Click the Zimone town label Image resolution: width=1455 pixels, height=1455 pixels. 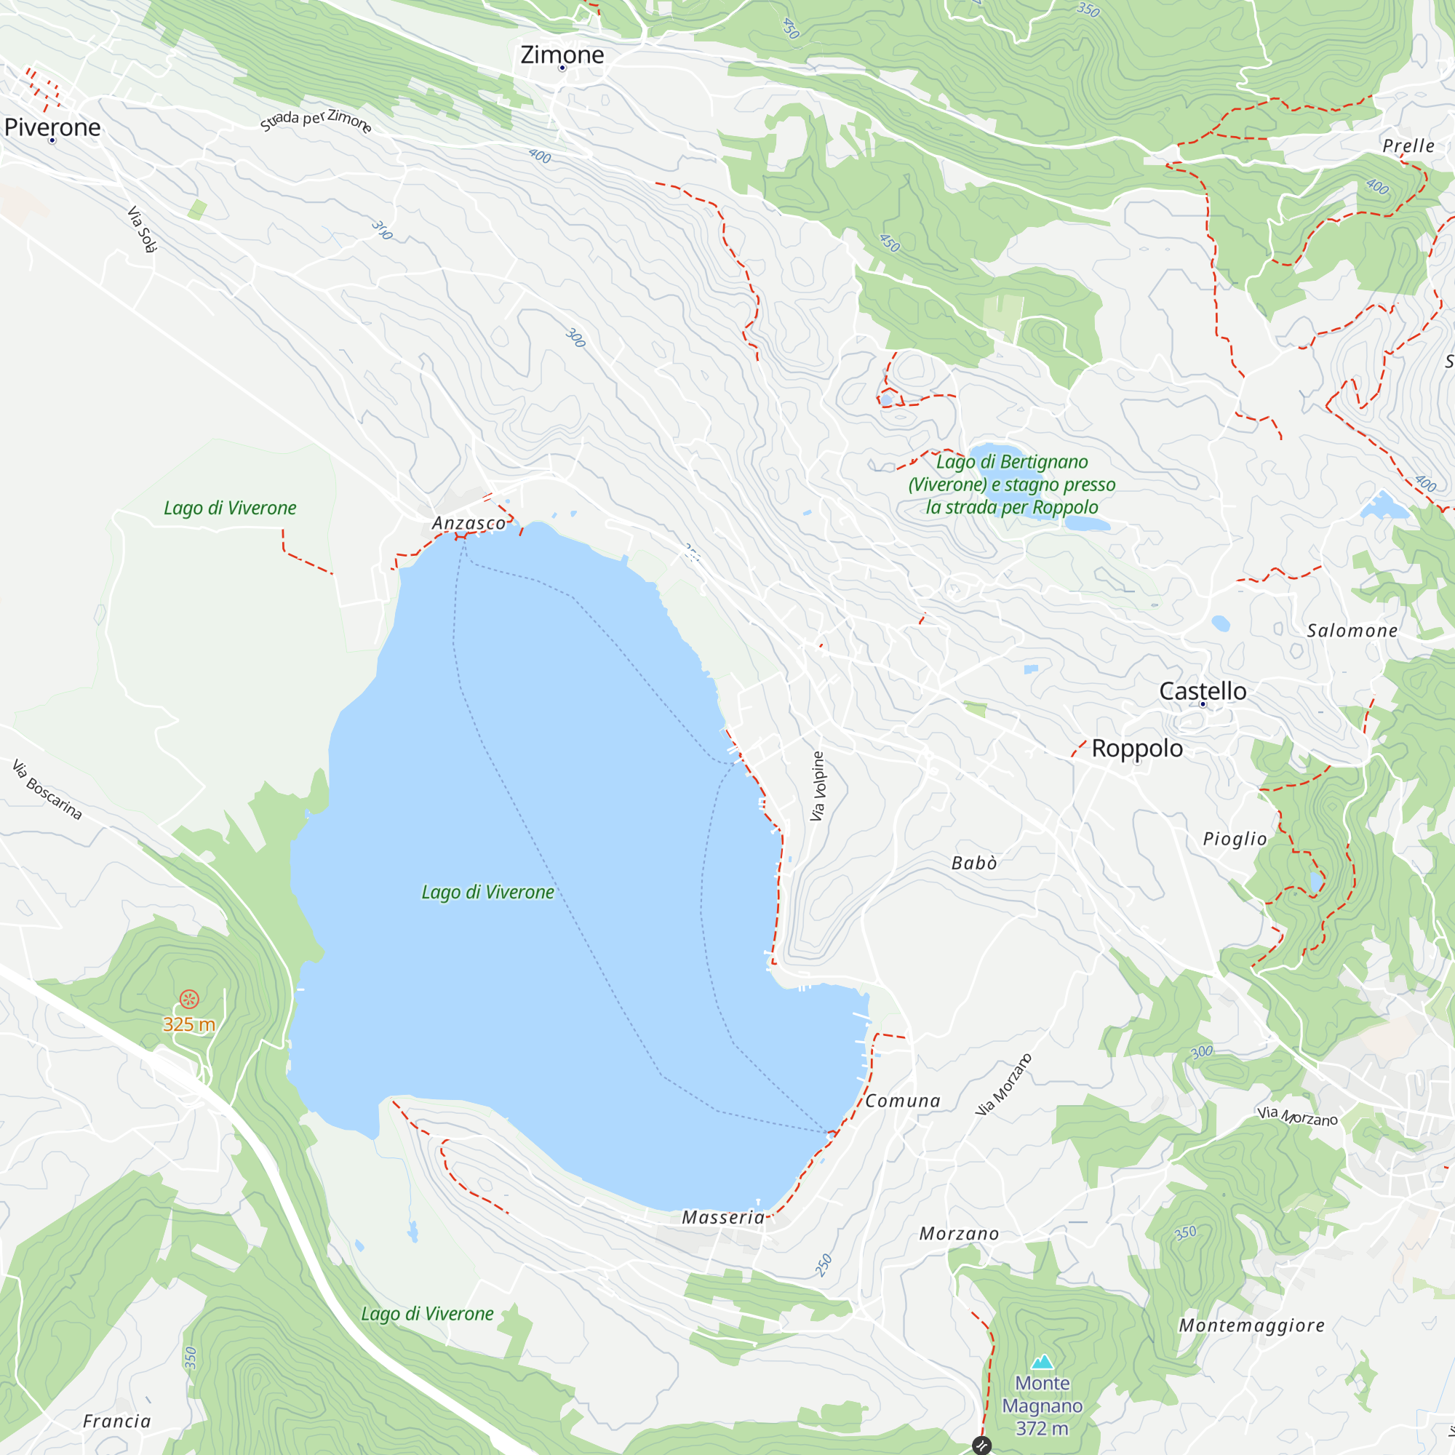point(562,55)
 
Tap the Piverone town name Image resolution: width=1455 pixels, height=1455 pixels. point(52,127)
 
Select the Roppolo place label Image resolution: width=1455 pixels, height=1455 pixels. point(1136,748)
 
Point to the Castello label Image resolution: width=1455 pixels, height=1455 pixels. point(1202,690)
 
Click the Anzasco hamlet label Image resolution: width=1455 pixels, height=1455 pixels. point(469,522)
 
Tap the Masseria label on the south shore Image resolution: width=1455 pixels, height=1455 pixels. point(722,1217)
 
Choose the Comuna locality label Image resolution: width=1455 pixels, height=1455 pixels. point(902,1100)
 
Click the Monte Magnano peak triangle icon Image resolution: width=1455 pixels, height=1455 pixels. point(1043,1361)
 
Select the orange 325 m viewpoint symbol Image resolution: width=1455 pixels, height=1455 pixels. point(189,999)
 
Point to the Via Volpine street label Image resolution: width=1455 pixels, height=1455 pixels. point(818,786)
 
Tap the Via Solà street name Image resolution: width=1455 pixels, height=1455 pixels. point(142,229)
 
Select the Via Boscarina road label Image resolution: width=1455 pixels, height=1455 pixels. point(47,789)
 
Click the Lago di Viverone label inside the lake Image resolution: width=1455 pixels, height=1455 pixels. point(487,892)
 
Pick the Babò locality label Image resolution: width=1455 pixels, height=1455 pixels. point(974,863)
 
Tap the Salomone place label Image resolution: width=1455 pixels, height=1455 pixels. point(1352,630)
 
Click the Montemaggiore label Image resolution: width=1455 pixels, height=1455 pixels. point(1251,1325)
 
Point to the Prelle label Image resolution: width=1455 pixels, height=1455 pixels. point(1408,145)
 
